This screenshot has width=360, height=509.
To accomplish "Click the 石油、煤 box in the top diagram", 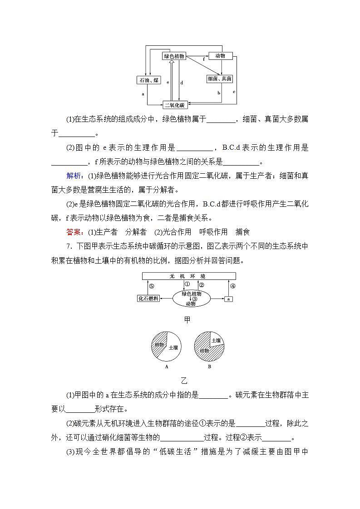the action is [149, 80].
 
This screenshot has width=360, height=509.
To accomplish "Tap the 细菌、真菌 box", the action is [220, 79].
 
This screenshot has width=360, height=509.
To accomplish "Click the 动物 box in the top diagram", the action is [220, 56].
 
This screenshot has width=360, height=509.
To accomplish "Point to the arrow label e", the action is [168, 83].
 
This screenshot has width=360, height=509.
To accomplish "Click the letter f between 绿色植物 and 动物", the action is [204, 59].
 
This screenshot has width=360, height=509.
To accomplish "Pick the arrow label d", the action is [182, 83].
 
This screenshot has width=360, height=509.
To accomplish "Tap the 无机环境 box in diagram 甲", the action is [189, 276].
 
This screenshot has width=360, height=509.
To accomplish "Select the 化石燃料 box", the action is [148, 299].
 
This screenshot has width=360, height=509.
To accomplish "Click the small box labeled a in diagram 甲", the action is [229, 299].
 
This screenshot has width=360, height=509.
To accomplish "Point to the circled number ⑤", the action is [151, 286].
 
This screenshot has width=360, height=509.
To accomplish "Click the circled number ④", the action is [232, 286].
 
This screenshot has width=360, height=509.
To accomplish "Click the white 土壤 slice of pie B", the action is [216, 340].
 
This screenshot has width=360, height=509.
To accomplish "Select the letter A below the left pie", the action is [167, 367].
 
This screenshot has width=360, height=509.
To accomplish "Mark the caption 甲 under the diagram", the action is [187, 320].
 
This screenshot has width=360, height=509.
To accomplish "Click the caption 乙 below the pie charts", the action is [184, 380].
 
